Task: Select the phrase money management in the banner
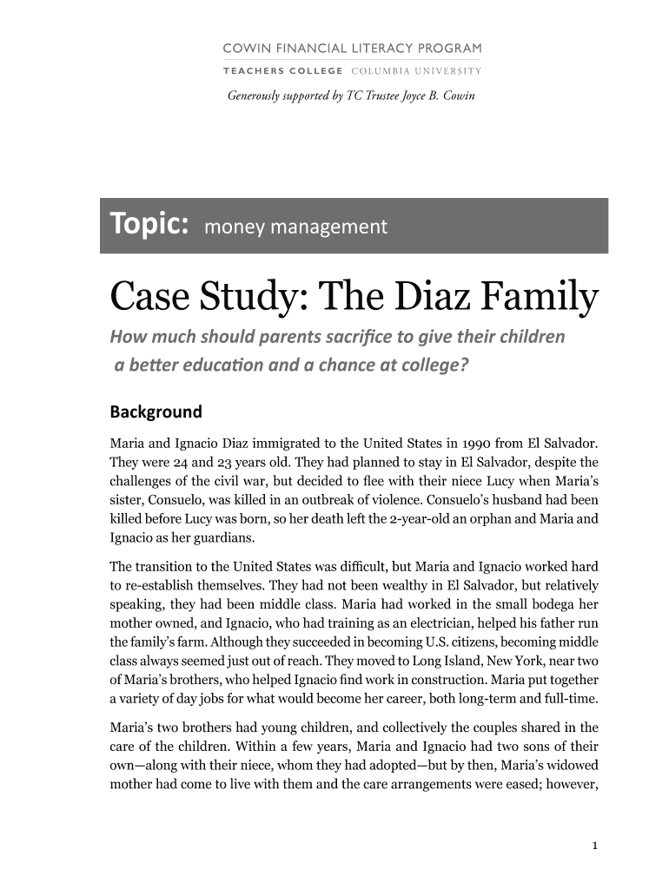tap(295, 227)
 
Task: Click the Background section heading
tap(156, 412)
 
